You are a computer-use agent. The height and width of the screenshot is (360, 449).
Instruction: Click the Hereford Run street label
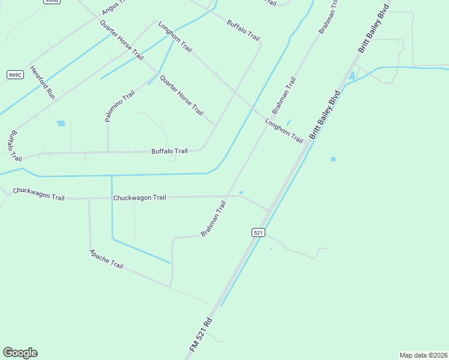pos(42,82)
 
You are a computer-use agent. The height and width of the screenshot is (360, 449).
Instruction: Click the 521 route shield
pos(258,232)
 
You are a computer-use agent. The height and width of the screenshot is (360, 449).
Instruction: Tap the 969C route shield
pos(16,74)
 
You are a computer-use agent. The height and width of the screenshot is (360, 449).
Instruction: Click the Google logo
pos(20,352)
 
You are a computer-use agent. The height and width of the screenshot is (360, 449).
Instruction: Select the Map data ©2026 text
pos(423,355)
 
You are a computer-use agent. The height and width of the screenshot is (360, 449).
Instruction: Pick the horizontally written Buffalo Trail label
pos(169,151)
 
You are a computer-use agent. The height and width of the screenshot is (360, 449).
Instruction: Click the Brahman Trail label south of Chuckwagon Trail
pos(214,218)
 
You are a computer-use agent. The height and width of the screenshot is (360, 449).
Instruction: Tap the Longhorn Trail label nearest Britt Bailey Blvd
pos(285,131)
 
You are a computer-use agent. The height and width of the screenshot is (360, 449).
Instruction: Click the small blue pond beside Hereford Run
pos(61,124)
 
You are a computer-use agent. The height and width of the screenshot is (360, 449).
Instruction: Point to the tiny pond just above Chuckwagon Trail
pos(241,193)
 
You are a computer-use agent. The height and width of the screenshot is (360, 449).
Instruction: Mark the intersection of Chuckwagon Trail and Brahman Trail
pos(228,196)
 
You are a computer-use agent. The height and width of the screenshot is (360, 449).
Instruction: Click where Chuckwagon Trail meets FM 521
pos(268,211)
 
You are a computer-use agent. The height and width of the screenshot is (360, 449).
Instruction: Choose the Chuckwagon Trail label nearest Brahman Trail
pos(139,197)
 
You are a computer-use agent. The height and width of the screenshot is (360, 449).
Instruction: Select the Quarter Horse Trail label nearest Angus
pos(121,40)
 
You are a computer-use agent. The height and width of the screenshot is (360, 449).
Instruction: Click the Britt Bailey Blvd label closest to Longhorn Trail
pos(325,115)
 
